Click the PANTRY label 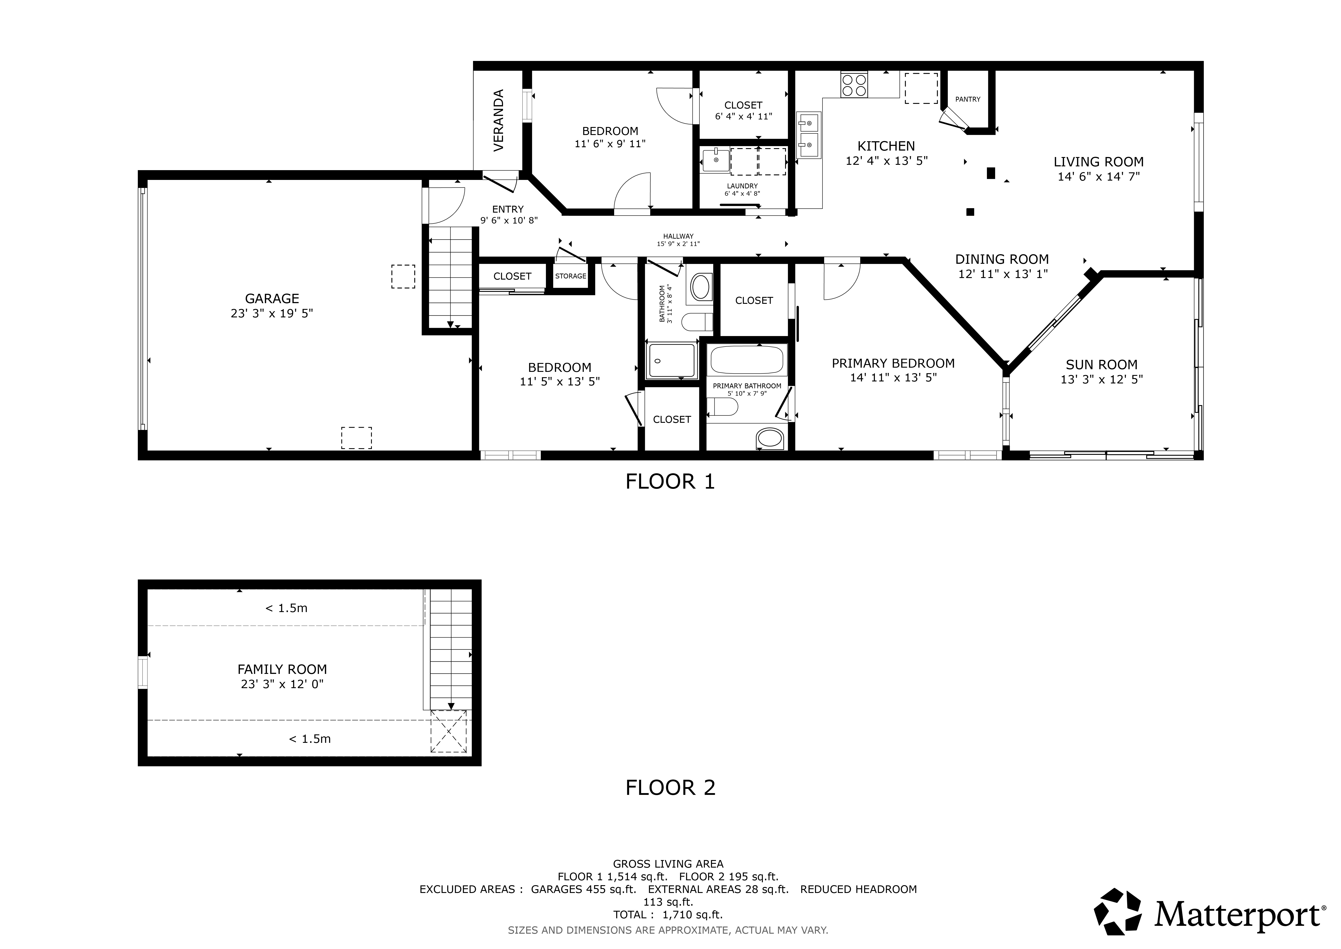click(968, 99)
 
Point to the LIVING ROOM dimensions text click(1099, 176)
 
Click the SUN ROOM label click(1102, 365)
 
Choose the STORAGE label click(571, 276)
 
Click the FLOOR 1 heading click(670, 482)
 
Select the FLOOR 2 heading click(670, 788)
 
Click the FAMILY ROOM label click(282, 669)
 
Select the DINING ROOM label click(1002, 259)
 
